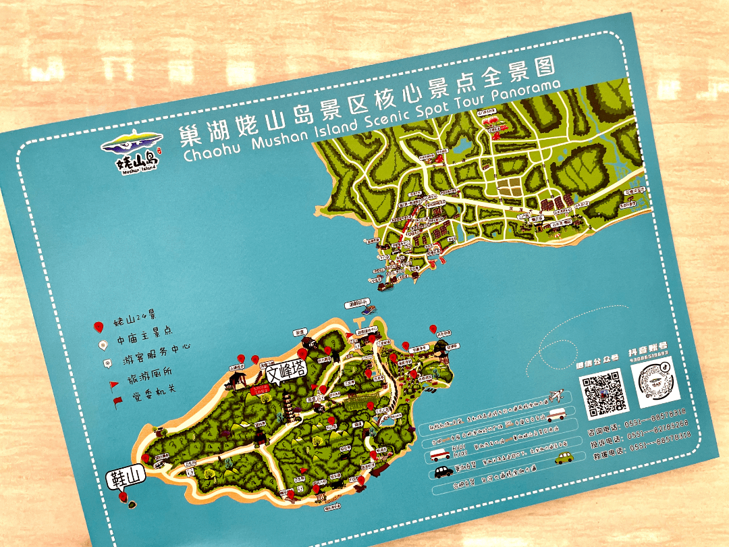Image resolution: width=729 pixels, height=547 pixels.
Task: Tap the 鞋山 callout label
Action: [124, 477]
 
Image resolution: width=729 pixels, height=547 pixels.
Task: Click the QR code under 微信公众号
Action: [601, 394]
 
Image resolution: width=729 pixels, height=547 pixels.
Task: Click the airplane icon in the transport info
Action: [556, 394]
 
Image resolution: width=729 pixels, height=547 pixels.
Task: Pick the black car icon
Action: [443, 471]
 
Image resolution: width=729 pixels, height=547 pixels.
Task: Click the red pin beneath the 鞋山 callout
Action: [123, 498]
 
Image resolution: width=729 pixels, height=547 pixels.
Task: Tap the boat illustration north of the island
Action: [368, 310]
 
